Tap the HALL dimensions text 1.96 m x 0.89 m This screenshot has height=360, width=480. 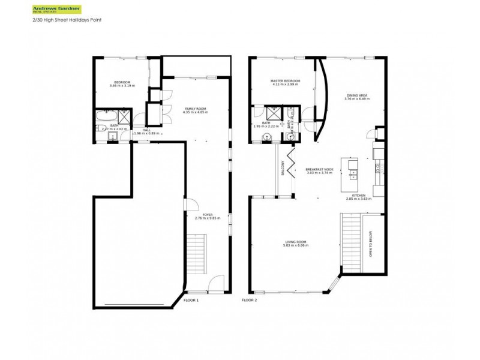tap(147, 133)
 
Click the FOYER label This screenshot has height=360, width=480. tap(208, 214)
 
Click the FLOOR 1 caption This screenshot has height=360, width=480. tap(191, 299)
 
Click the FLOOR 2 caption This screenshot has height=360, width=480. tap(249, 299)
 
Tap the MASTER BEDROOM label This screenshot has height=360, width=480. tap(284, 81)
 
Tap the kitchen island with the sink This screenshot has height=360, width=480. tap(350, 170)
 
